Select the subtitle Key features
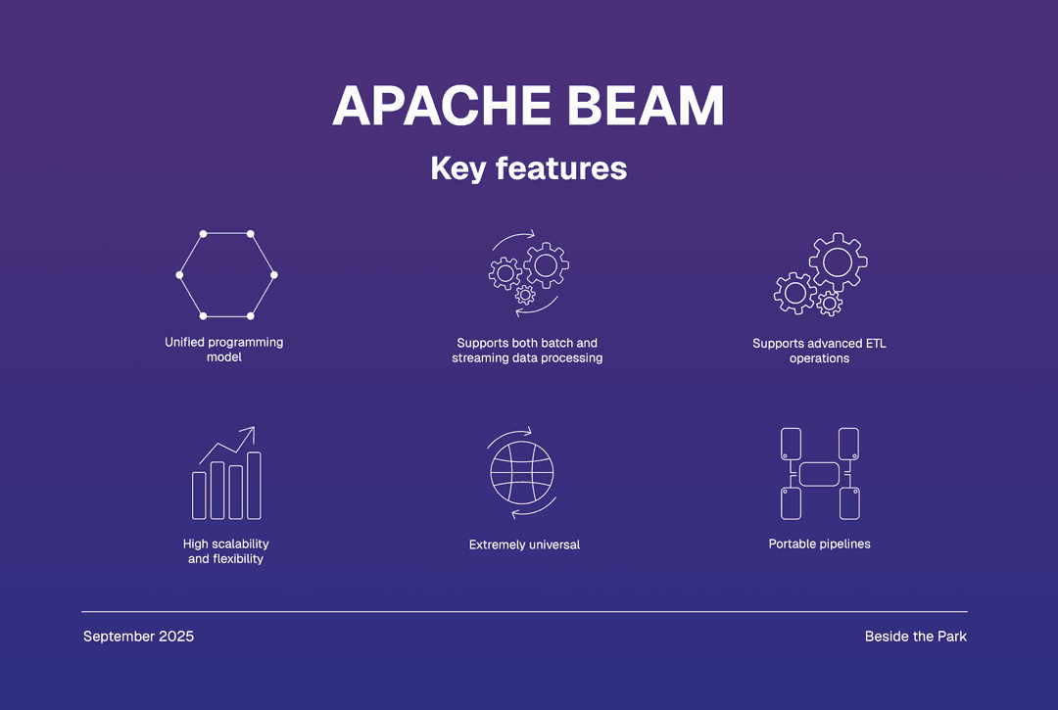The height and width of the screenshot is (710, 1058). (528, 168)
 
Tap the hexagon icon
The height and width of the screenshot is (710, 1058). (226, 275)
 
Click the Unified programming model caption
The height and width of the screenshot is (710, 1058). (224, 350)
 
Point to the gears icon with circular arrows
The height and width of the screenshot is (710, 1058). (527, 273)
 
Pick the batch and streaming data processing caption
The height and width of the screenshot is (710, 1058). (527, 351)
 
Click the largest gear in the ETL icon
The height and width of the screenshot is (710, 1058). (838, 261)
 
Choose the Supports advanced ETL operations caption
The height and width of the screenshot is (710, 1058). (819, 351)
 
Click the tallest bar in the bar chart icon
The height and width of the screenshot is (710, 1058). (254, 486)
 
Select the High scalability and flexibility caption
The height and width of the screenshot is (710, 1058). (225, 551)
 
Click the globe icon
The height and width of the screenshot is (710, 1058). (522, 472)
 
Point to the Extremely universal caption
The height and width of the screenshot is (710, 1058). (524, 544)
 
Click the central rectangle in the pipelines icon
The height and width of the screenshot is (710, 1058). (819, 474)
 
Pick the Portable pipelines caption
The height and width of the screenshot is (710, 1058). (819, 544)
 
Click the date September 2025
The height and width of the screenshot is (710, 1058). (138, 637)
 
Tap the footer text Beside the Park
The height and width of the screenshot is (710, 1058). (915, 637)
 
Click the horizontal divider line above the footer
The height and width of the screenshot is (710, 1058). (524, 611)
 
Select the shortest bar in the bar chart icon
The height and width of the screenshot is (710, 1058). (199, 496)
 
